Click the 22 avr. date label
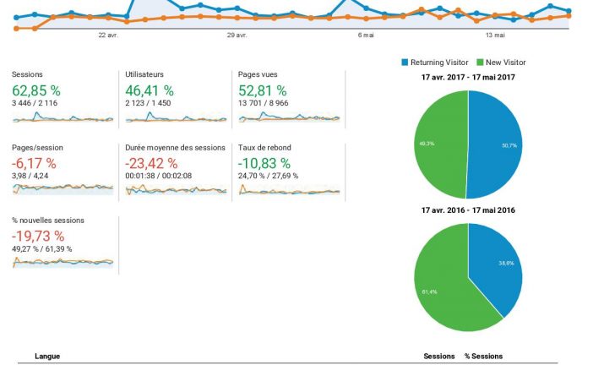108,35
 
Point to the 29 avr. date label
237,35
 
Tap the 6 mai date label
366,35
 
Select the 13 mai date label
495,35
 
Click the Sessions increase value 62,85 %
35,89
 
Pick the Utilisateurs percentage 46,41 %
150,89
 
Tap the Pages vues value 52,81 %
263,89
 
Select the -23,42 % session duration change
151,162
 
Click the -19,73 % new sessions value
38,235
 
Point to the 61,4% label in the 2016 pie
428,291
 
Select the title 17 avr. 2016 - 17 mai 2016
468,210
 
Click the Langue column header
46,357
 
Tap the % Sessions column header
483,357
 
